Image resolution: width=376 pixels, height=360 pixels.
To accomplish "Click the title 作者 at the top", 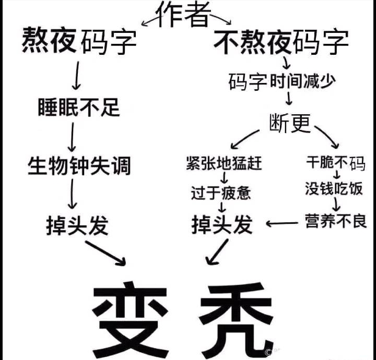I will pyautogui.click(x=183, y=15).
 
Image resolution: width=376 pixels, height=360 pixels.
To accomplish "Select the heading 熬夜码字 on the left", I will pyautogui.click(x=79, y=41).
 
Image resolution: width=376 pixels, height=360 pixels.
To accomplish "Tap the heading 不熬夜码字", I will pyautogui.click(x=281, y=42).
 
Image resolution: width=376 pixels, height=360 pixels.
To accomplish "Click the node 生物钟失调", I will pyautogui.click(x=79, y=167).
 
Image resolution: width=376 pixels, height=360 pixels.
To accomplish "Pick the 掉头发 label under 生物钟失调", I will pyautogui.click(x=77, y=225).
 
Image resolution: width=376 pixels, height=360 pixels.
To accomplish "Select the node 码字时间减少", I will pyautogui.click(x=281, y=81).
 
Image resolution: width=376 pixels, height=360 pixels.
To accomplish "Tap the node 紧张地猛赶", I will pyautogui.click(x=224, y=163).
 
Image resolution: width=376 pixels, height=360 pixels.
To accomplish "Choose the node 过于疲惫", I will pyautogui.click(x=221, y=193).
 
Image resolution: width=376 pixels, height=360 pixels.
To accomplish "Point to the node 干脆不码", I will pyautogui.click(x=335, y=163).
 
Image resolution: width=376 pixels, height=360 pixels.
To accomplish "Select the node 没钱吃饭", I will pyautogui.click(x=334, y=189).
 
